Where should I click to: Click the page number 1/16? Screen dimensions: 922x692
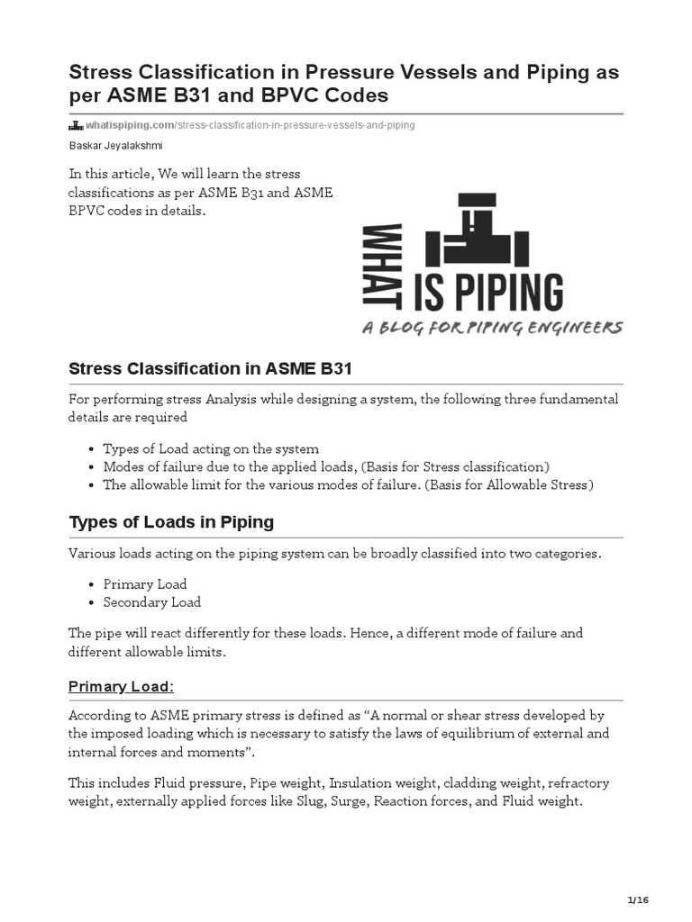point(637,900)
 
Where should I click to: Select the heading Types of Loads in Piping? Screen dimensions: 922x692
point(171,522)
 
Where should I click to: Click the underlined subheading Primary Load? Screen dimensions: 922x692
point(121,686)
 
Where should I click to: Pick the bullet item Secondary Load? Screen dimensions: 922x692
point(151,602)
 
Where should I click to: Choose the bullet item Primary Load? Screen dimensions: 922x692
point(144,584)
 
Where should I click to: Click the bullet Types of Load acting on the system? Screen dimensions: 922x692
point(211,448)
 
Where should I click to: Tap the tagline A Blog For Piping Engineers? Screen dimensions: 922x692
point(492,328)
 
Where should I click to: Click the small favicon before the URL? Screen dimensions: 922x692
point(76,125)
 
